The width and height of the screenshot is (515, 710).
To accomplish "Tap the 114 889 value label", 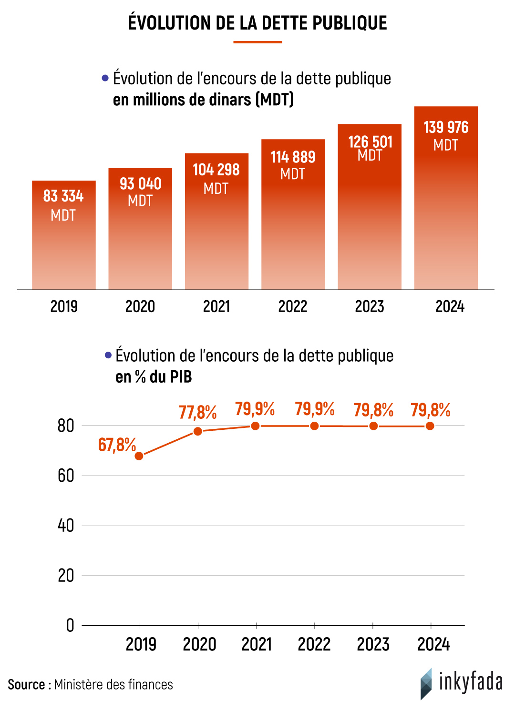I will click(x=293, y=157).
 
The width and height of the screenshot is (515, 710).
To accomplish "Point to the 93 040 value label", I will click(x=140, y=184).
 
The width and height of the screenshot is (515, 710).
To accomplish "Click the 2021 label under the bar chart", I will click(x=216, y=306).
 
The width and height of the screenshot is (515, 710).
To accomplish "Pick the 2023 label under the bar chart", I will click(x=370, y=306).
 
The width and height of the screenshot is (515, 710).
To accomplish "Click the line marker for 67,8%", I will click(x=139, y=456).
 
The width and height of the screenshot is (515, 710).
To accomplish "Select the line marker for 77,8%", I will click(x=198, y=431).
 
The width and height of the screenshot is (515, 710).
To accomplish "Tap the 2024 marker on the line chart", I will click(x=430, y=426).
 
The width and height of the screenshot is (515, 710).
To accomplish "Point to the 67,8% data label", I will click(x=117, y=445).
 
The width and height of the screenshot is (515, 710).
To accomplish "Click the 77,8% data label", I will click(x=198, y=412).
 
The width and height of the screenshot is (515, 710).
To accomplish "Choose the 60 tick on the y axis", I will click(x=66, y=476).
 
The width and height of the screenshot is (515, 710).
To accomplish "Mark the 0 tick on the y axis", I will click(x=70, y=625).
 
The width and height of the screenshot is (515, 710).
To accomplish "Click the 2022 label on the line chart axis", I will click(x=314, y=644).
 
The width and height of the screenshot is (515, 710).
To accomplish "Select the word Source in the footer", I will click(x=26, y=685).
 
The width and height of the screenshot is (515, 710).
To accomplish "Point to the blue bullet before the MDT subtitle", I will click(x=105, y=78).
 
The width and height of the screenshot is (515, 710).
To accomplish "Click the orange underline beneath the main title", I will click(x=257, y=42).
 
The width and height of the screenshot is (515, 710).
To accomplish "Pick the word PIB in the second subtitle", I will click(x=181, y=377).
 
